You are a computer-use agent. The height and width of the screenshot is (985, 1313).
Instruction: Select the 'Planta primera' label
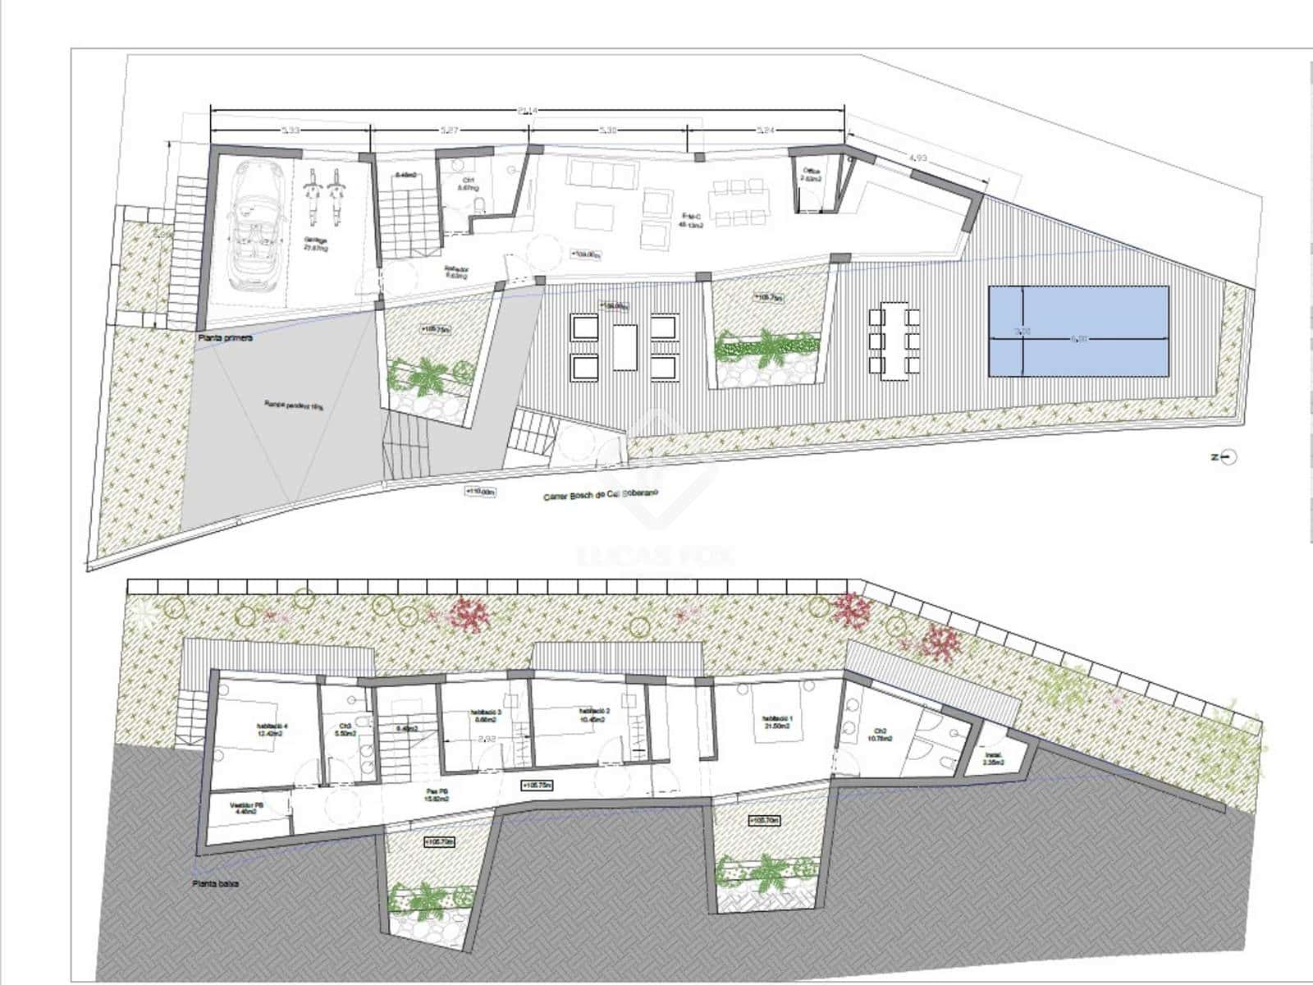tap(224, 337)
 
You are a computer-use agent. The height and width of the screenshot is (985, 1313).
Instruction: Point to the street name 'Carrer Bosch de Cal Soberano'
tap(602, 495)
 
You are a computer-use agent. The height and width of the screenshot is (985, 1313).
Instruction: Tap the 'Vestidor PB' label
tap(247, 806)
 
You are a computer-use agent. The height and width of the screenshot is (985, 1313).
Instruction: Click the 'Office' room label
tap(811, 174)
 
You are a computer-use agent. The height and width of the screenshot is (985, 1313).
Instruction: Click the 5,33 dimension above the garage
tap(291, 130)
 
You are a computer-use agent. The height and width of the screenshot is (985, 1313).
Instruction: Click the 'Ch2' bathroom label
tap(880, 735)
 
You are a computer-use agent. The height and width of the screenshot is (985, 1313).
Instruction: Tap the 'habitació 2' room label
tap(592, 715)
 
